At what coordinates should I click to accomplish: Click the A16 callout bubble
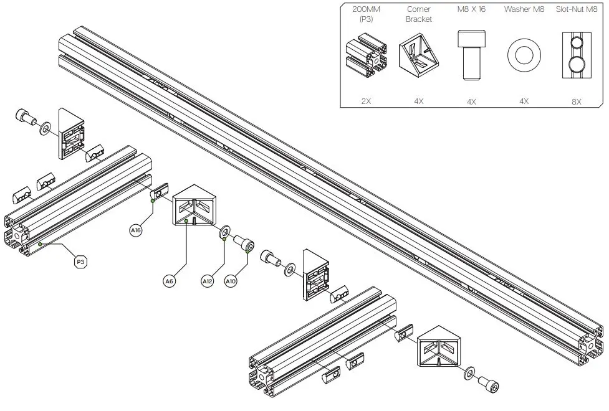tap(136, 231)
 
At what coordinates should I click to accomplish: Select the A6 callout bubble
tap(169, 281)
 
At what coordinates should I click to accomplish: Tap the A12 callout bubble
tap(208, 281)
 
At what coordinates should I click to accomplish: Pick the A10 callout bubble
tap(231, 281)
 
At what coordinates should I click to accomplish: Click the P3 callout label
tap(80, 263)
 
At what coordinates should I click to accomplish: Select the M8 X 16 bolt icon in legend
tap(471, 55)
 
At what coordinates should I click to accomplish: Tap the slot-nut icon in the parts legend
tap(577, 57)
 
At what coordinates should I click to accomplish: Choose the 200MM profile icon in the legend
tap(367, 57)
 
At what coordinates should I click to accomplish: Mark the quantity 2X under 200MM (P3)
tap(367, 100)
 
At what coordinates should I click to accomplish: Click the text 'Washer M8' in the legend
tap(524, 9)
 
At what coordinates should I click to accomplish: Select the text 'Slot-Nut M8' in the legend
tap(577, 9)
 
